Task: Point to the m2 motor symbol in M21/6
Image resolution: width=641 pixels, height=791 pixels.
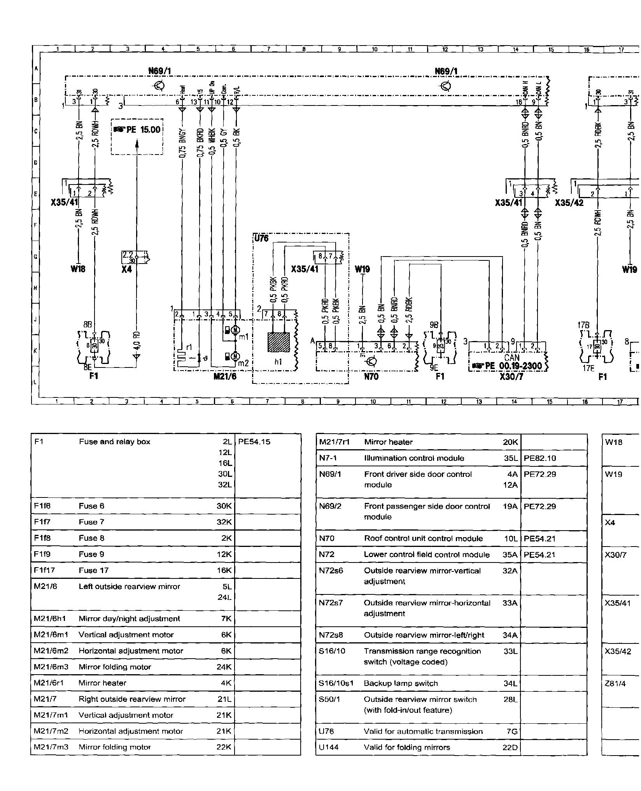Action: [x=235, y=356]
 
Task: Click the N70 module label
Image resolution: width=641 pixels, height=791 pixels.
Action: [x=371, y=376]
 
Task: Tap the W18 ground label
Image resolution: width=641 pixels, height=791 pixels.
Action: [x=78, y=269]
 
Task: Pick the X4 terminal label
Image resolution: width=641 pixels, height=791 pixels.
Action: [x=126, y=269]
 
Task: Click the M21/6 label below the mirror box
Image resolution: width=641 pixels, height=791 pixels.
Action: [x=225, y=376]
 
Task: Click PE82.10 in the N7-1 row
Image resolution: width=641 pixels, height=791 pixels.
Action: [x=540, y=458]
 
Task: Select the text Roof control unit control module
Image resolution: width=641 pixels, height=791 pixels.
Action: [x=423, y=538]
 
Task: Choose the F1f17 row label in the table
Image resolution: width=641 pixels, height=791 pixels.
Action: [x=44, y=570]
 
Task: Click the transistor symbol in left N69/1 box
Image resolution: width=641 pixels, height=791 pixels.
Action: [x=160, y=86]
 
